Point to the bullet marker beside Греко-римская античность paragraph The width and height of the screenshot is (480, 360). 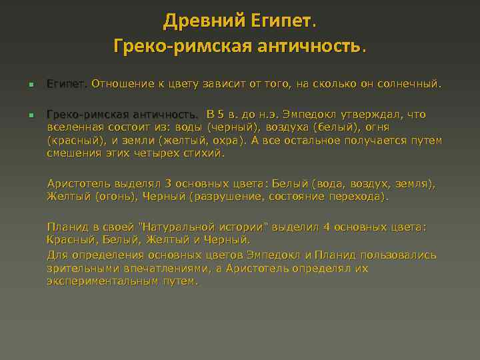(31, 115)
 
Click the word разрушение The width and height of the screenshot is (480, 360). (229, 196)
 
